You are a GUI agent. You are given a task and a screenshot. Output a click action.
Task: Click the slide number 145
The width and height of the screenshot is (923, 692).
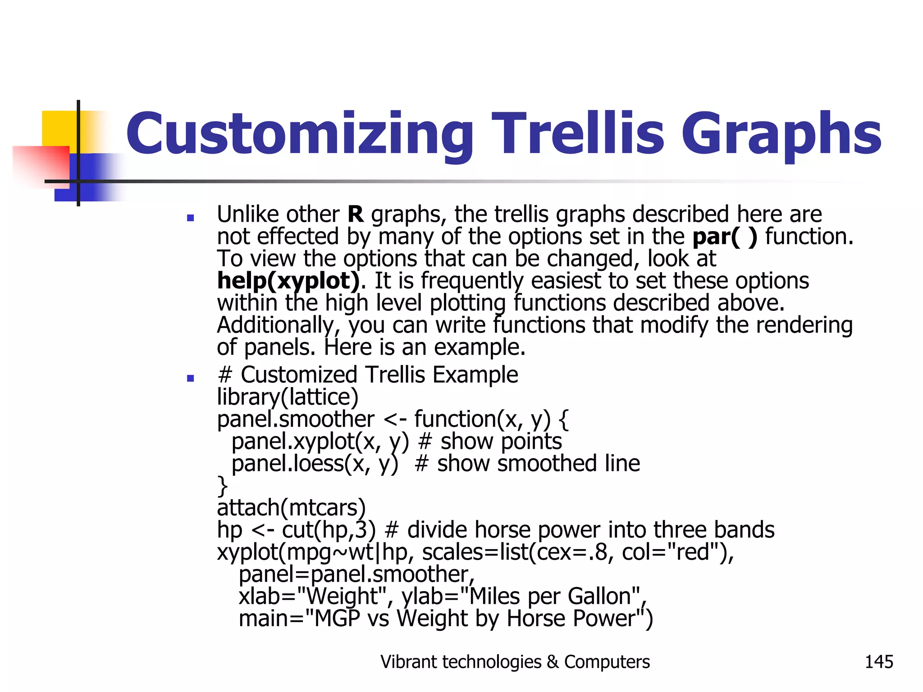[x=878, y=662]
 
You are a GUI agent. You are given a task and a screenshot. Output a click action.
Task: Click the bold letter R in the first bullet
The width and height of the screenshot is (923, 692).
[x=355, y=214]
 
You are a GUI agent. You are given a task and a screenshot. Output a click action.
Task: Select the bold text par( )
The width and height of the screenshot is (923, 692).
[x=725, y=237]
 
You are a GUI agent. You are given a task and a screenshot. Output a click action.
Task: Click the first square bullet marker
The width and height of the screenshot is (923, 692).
[x=190, y=218]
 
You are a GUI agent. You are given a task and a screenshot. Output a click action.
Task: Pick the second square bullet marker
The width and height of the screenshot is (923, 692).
[x=190, y=378]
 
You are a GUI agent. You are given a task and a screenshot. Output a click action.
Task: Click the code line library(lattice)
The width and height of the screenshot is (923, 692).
[x=288, y=397]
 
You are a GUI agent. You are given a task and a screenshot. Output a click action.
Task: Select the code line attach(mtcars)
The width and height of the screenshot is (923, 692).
[x=291, y=508]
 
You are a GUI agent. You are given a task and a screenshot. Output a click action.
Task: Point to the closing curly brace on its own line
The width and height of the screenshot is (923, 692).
[x=222, y=486]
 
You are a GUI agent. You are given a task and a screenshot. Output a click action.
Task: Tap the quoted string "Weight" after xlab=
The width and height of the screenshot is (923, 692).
[x=342, y=596]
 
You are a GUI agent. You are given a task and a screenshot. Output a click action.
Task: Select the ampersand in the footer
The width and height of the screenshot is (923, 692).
[x=553, y=662]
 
